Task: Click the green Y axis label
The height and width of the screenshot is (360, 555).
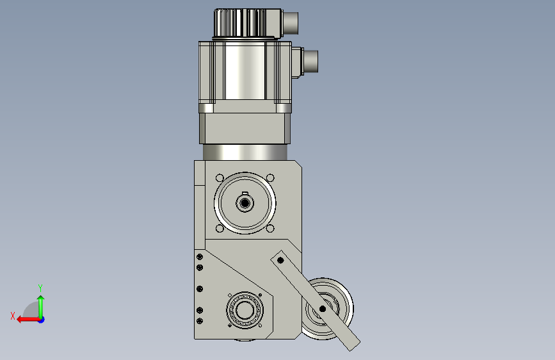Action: click(x=40, y=288)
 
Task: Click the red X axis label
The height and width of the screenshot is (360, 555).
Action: click(x=13, y=316)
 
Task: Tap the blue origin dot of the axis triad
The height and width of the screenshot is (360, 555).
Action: click(x=42, y=320)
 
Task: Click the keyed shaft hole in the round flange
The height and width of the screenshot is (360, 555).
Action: click(x=245, y=203)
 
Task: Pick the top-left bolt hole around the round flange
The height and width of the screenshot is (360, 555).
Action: click(x=220, y=178)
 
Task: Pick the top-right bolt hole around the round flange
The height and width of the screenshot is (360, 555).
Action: click(x=270, y=178)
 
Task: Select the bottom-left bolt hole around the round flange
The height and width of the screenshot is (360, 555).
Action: click(x=220, y=229)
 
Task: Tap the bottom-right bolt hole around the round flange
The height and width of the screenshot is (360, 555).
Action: click(x=270, y=229)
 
